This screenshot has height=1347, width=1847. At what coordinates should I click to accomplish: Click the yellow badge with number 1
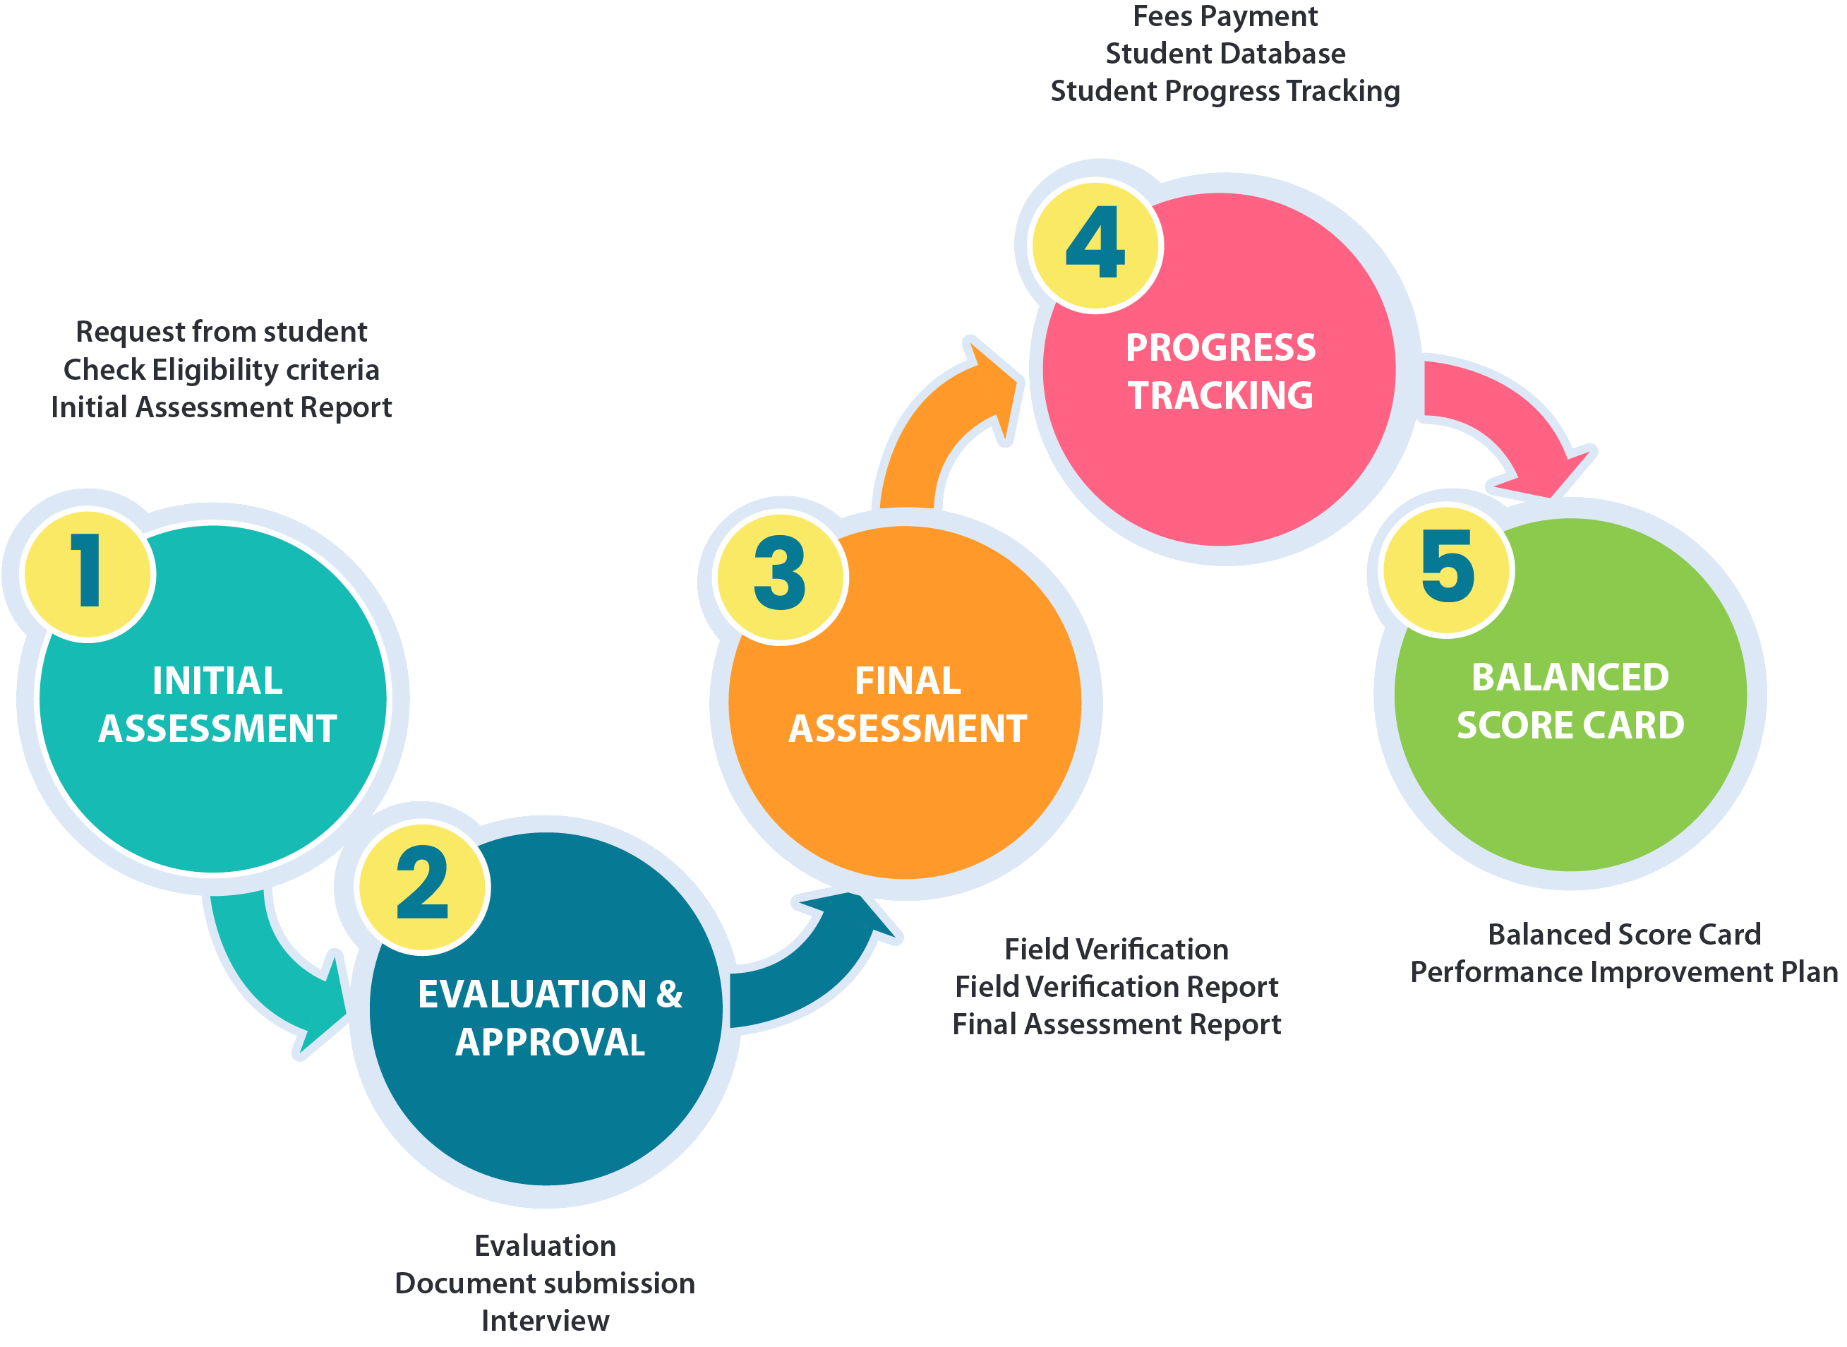pyautogui.click(x=88, y=574)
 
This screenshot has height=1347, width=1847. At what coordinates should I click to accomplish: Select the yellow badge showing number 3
pyautogui.click(x=780, y=577)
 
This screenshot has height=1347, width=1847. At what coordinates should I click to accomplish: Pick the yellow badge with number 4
pyautogui.click(x=1095, y=244)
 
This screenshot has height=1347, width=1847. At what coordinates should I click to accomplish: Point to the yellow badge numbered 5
pyautogui.click(x=1448, y=570)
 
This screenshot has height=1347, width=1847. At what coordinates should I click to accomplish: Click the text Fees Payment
pyautogui.click(x=1225, y=16)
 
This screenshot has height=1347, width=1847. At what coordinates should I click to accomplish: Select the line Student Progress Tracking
pyautogui.click(x=1225, y=91)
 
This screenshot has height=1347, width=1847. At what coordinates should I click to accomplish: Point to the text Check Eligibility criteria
pyautogui.click(x=222, y=370)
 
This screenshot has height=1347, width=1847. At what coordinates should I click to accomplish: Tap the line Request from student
pyautogui.click(x=222, y=332)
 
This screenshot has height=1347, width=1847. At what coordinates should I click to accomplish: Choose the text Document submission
pyautogui.click(x=546, y=1283)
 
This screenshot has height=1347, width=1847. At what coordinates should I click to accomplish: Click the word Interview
pyautogui.click(x=546, y=1321)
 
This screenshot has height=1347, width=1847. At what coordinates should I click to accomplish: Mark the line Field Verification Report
pyautogui.click(x=1117, y=987)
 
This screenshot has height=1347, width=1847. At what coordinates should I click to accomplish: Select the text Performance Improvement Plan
pyautogui.click(x=1625, y=972)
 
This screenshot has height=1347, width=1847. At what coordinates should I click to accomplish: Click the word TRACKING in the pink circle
pyautogui.click(x=1220, y=395)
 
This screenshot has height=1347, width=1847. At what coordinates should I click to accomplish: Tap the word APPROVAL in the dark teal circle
pyautogui.click(x=551, y=1042)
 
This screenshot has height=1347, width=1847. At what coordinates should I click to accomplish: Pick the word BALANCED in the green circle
pyautogui.click(x=1570, y=678)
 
